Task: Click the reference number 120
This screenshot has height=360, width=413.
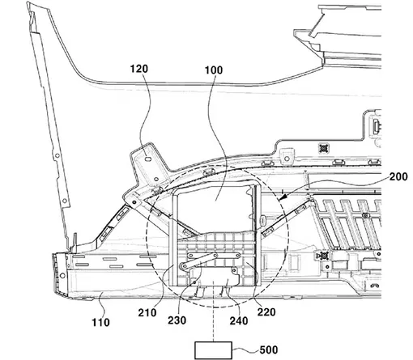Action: click(x=139, y=69)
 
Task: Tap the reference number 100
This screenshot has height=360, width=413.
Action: click(x=214, y=70)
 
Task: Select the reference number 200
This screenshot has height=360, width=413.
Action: click(x=398, y=176)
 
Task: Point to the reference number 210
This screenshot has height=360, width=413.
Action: click(x=147, y=312)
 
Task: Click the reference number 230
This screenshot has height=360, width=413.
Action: click(x=177, y=320)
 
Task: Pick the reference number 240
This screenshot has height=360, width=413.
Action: click(x=239, y=320)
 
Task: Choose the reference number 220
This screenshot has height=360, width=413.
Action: click(x=266, y=312)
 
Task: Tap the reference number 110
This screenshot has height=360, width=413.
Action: click(x=100, y=322)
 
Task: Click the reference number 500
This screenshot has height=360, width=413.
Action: click(x=269, y=349)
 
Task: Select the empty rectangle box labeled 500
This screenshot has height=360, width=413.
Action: click(x=213, y=350)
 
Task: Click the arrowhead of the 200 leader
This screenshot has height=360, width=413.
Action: click(x=281, y=198)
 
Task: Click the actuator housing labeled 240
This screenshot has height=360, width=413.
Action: click(x=215, y=276)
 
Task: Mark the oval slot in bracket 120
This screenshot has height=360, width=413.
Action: click(x=147, y=159)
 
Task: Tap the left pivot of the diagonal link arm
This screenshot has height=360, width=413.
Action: click(x=184, y=266)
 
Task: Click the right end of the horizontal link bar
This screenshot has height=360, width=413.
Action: click(x=238, y=255)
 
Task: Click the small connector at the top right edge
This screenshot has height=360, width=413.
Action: click(x=377, y=125)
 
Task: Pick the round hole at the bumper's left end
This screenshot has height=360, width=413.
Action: click(x=62, y=276)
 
